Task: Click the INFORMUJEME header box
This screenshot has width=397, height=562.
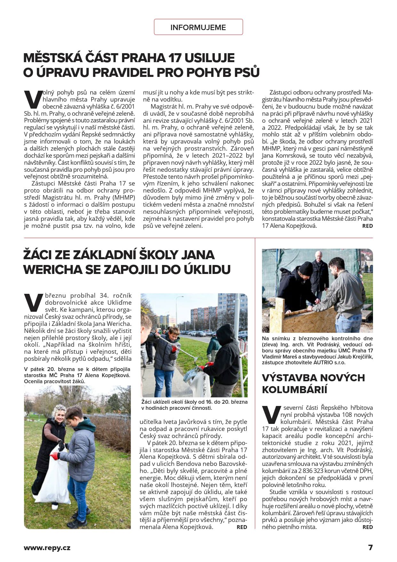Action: (198, 27)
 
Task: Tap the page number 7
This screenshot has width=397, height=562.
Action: (370, 547)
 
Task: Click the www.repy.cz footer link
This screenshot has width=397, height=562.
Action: (47, 548)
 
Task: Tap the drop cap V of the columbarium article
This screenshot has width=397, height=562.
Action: (271, 415)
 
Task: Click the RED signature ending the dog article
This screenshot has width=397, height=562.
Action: (367, 226)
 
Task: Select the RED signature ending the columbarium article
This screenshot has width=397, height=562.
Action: (368, 527)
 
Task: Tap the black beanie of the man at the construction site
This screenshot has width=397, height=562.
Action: (306, 268)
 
